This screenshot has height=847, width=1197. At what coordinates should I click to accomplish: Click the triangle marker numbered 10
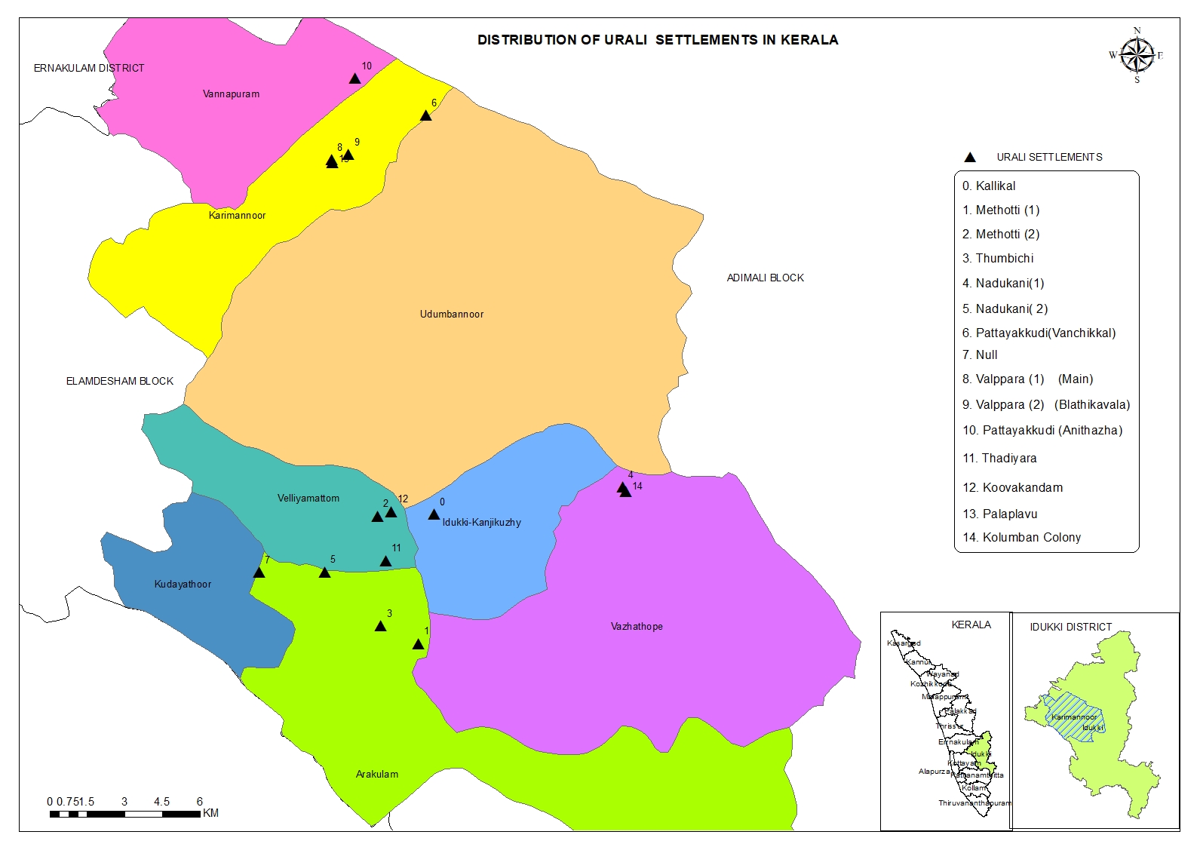click(x=354, y=78)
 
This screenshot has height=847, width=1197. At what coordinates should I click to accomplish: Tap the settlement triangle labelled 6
click(x=425, y=115)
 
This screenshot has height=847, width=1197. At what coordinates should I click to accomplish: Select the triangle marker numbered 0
click(x=434, y=514)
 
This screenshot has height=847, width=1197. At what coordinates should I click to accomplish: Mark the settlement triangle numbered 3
click(x=380, y=626)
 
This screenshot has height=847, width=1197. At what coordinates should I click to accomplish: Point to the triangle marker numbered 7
click(x=259, y=572)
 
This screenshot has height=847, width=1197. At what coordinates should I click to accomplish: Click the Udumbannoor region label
click(x=451, y=314)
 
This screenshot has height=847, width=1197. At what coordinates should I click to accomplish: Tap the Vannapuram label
click(x=231, y=94)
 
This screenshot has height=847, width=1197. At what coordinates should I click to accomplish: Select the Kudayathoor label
click(x=183, y=585)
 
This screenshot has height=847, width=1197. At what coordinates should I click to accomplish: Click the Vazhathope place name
click(x=637, y=627)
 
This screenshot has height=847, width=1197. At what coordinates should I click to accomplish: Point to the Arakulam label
click(x=376, y=775)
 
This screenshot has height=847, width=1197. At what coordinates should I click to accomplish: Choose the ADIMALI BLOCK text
click(x=765, y=278)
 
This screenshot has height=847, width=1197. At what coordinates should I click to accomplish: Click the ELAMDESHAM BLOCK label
click(x=119, y=382)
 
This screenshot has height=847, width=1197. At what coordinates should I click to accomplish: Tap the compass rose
click(x=1137, y=55)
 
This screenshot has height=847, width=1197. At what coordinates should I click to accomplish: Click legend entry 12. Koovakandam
click(x=1012, y=488)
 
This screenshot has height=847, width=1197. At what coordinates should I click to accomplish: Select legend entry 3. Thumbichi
click(x=997, y=259)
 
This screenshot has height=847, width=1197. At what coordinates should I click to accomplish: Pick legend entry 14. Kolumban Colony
click(x=1021, y=538)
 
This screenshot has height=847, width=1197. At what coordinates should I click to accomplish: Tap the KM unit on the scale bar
click(x=210, y=813)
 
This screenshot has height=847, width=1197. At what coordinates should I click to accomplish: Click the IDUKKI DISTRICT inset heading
click(x=1070, y=627)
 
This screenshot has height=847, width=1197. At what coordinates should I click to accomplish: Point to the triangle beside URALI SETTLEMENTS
click(x=970, y=158)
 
